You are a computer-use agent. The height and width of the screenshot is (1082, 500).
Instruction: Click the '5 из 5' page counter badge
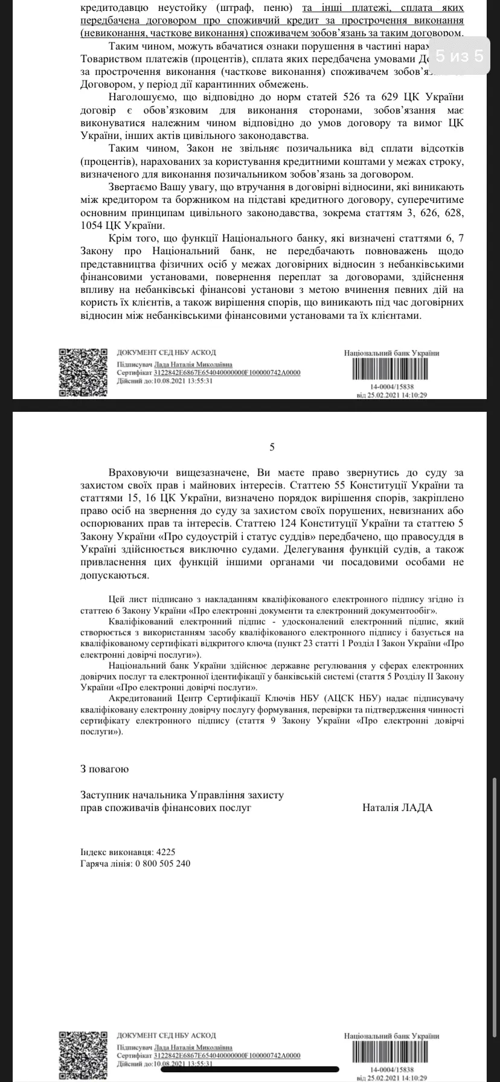tap(459, 56)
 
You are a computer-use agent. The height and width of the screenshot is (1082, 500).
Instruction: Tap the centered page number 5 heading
tap(272, 447)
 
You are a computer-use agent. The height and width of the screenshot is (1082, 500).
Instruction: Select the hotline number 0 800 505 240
tap(164, 863)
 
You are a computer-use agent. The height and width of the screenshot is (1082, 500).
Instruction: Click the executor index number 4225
tap(165, 852)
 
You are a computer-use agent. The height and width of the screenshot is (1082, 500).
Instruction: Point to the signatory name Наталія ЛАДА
tap(397, 807)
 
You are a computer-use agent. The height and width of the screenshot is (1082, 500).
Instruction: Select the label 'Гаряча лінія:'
tap(104, 863)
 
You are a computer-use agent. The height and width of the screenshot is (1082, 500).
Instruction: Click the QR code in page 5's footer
tap(78, 1051)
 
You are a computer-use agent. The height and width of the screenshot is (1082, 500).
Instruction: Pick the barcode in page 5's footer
tap(392, 1047)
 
